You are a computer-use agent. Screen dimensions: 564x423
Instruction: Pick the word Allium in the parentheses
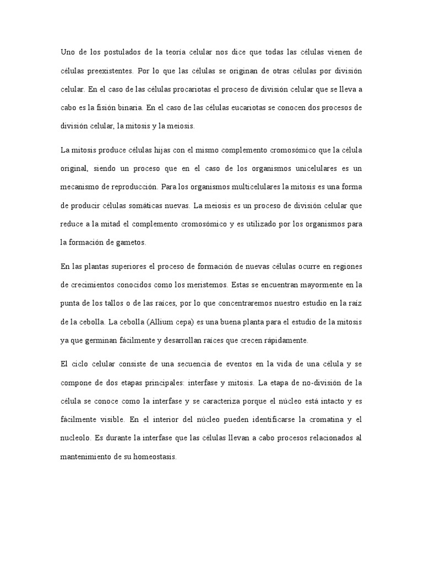[x=164, y=322]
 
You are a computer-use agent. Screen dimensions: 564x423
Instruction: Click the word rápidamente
[x=282, y=340]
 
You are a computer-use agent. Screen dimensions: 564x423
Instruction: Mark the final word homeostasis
[x=151, y=457]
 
